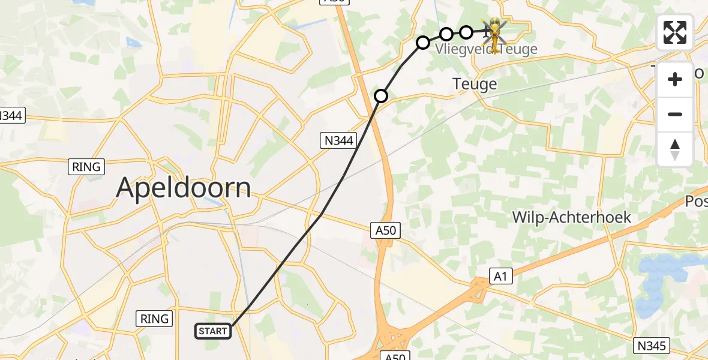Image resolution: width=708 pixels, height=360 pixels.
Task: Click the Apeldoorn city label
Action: pos(183,188)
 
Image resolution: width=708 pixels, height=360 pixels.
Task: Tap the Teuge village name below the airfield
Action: pos(475,83)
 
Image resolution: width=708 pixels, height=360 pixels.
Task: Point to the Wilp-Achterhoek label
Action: pos(572,217)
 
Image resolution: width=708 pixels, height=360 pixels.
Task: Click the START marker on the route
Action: pos(213,331)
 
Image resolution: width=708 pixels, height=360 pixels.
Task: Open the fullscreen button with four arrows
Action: pos(675,32)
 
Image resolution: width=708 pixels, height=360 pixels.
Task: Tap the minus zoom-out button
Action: pos(675,114)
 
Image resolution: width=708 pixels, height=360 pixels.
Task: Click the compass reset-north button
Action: pos(675,149)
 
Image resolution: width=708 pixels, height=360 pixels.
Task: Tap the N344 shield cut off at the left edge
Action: pos(11,115)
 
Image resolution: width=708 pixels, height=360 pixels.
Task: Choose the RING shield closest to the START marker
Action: pos(155,319)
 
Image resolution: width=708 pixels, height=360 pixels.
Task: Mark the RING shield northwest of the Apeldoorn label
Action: pos(87,166)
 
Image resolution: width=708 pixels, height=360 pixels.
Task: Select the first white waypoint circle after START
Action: pos(381,96)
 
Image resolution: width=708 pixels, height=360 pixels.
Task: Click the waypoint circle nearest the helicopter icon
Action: pos(466,32)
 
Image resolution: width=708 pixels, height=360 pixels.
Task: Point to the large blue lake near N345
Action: pos(666,276)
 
